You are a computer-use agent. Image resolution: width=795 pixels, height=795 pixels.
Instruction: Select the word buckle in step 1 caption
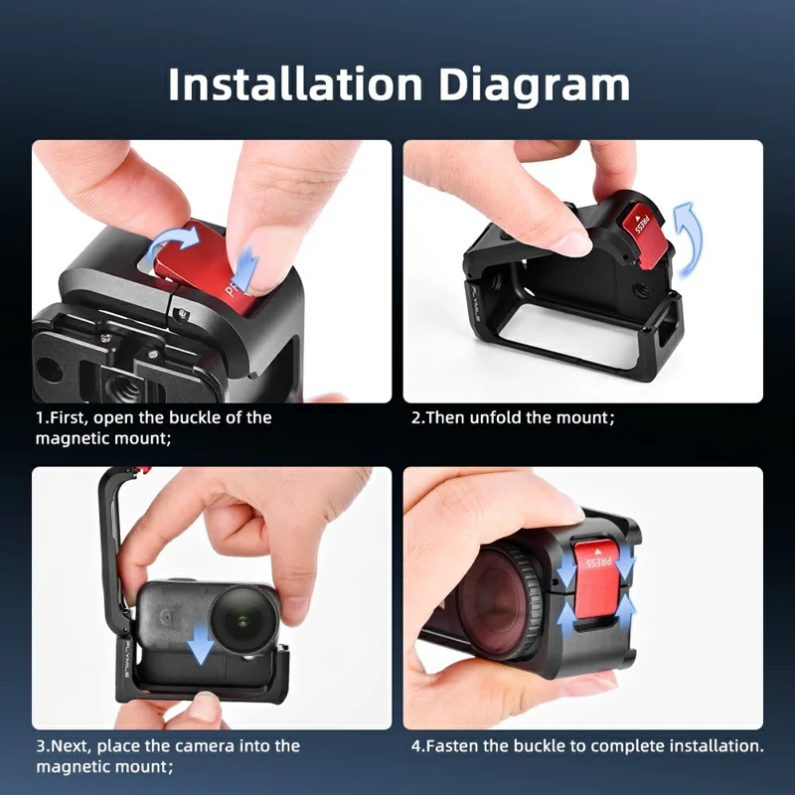[x=197, y=417]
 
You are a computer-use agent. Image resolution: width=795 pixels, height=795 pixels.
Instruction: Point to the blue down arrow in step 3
[x=202, y=641]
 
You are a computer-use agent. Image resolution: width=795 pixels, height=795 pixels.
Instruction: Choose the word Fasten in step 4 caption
[x=454, y=745]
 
